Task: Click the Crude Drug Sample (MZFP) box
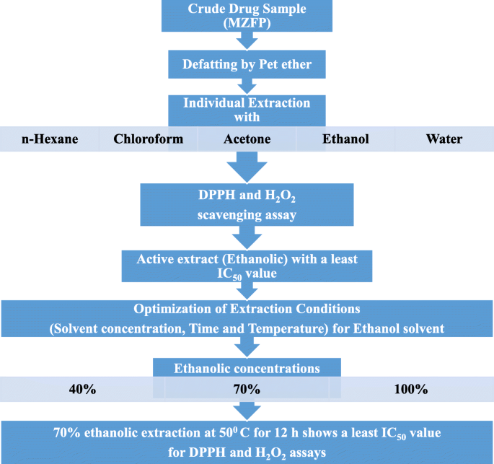(x=247, y=19)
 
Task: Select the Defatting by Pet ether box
(x=247, y=66)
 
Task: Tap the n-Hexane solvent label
(x=48, y=139)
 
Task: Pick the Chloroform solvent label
(x=148, y=139)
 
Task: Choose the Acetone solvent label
(x=247, y=139)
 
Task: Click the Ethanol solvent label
(x=345, y=139)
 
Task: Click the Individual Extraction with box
(x=247, y=110)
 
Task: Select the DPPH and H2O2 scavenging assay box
(x=247, y=206)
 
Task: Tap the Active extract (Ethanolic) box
(x=247, y=266)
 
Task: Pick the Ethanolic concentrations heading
(x=247, y=368)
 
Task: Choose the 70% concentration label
(x=247, y=390)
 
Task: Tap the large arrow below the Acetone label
(x=247, y=169)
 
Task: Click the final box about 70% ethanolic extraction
(x=247, y=442)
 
